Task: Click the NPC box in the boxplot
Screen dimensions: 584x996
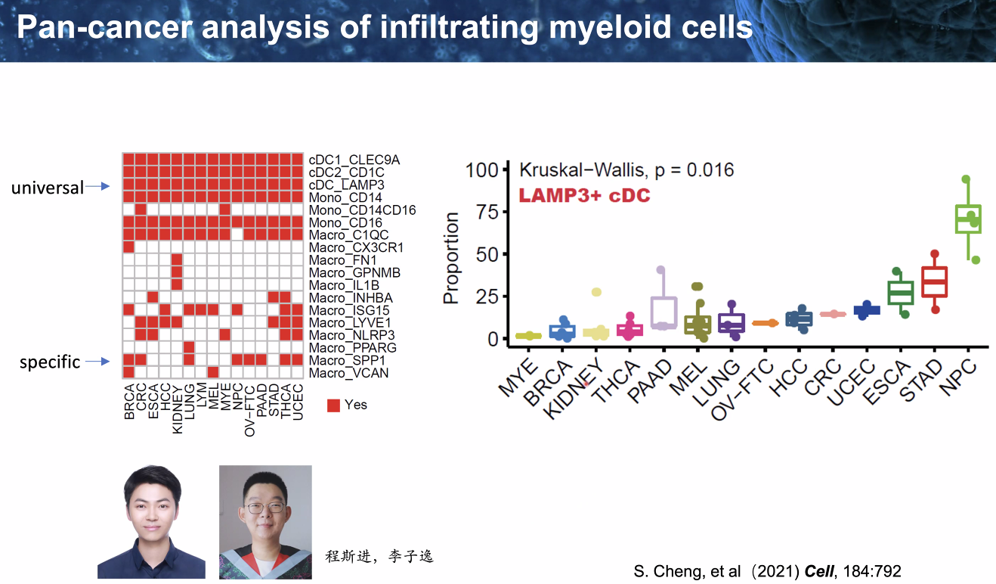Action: [968, 219]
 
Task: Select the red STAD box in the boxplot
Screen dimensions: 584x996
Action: [935, 281]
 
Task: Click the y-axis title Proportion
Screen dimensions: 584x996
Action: [451, 259]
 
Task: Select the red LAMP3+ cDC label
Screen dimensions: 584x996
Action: [584, 196]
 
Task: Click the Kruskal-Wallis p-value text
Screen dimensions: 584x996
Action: [626, 169]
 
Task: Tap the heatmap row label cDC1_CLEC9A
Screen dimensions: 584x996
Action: [354, 160]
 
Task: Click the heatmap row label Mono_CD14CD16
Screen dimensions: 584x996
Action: [362, 210]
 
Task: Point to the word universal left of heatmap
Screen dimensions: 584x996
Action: [47, 188]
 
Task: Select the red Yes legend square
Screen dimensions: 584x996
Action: [333, 405]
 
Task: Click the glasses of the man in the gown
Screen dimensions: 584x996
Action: [264, 507]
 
